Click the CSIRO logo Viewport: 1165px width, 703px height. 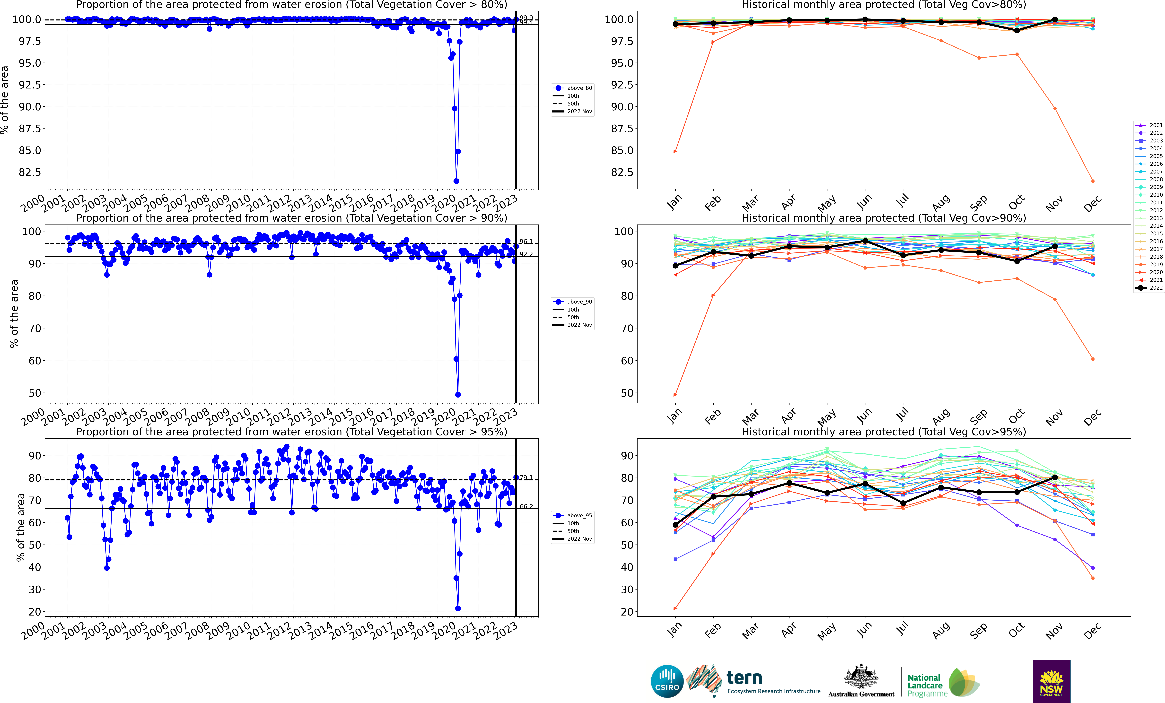point(667,681)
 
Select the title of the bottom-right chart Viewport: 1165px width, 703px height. point(883,432)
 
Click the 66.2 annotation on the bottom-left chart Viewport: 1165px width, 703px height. point(526,506)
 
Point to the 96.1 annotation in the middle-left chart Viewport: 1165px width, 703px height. point(526,242)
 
